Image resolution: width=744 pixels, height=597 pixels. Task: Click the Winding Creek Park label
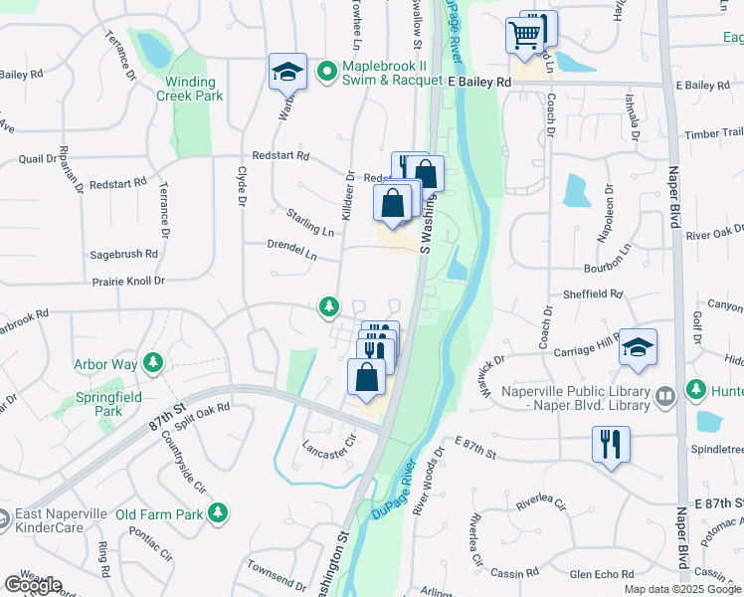coord(189,89)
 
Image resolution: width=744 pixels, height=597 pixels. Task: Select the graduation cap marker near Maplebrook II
coord(286,72)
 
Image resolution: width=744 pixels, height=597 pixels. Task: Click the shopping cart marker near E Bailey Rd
coord(523,35)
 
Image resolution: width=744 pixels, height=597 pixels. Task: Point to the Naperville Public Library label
coord(578,395)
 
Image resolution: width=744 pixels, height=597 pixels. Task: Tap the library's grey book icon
coord(665,395)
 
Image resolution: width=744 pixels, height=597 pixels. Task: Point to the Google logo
coord(32,584)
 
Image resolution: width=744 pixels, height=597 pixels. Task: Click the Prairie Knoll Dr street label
coord(127,282)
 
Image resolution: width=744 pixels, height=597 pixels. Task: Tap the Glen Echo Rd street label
coord(602,574)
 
